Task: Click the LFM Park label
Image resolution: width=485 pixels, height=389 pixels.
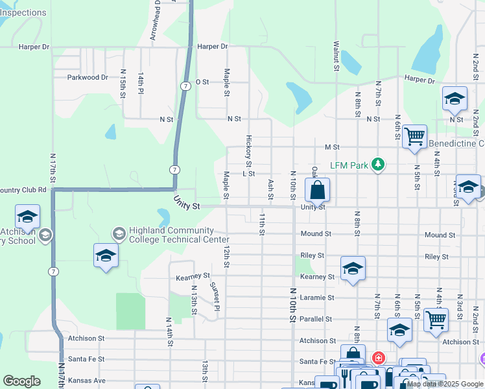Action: coord(349,165)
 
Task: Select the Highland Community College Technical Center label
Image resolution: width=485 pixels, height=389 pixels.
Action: coord(171,235)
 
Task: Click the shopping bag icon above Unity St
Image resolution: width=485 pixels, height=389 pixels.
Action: coord(317,191)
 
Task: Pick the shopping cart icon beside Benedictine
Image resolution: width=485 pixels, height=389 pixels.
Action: coord(414,137)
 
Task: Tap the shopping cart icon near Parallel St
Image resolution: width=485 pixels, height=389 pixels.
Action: coord(436,319)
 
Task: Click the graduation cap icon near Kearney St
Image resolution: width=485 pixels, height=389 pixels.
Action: coord(352,268)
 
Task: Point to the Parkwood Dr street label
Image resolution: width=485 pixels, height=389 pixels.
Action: coord(88,77)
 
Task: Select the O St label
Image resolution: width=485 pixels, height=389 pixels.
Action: coord(202,82)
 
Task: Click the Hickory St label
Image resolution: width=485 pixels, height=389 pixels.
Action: coord(248,150)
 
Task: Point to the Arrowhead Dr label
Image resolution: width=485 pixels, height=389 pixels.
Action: coord(156,21)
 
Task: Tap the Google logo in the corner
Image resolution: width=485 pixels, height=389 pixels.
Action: coord(22,381)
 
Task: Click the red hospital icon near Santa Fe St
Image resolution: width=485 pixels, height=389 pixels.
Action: coord(378,357)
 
